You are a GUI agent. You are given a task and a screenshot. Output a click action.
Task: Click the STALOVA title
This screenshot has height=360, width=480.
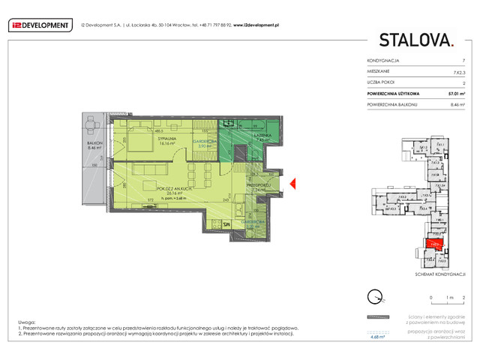point(415,40)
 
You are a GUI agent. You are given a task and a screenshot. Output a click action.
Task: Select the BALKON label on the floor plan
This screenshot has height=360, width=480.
point(94,145)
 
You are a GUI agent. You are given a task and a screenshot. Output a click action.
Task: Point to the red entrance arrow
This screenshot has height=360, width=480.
point(294,183)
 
